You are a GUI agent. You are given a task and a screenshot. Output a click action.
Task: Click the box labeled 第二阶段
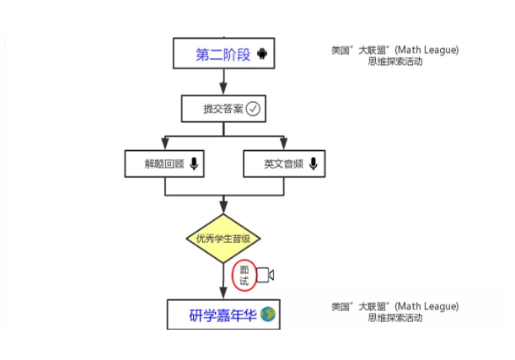(224, 55)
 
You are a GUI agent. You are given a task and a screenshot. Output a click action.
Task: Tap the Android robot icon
(263, 55)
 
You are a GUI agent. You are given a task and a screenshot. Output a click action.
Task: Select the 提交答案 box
(223, 108)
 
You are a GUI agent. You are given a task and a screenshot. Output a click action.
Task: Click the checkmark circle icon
(253, 108)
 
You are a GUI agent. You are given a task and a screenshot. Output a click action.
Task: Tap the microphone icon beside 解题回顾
(194, 164)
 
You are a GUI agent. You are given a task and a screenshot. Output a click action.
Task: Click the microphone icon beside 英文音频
(314, 164)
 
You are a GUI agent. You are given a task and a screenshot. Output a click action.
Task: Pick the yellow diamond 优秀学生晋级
(223, 239)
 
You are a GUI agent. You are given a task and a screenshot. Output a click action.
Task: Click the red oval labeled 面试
(244, 276)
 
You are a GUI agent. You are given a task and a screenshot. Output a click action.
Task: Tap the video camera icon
(265, 276)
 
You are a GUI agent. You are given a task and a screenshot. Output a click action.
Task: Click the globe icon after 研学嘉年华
(268, 316)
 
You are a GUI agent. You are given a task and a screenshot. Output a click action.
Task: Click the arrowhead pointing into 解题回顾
(164, 144)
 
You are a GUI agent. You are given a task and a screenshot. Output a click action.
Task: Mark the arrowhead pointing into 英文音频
(282, 144)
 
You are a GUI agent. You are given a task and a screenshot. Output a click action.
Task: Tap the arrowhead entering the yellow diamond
(223, 207)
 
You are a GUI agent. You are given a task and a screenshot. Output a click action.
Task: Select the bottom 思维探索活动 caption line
(394, 318)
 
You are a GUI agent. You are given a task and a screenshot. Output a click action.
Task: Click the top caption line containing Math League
(394, 51)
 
